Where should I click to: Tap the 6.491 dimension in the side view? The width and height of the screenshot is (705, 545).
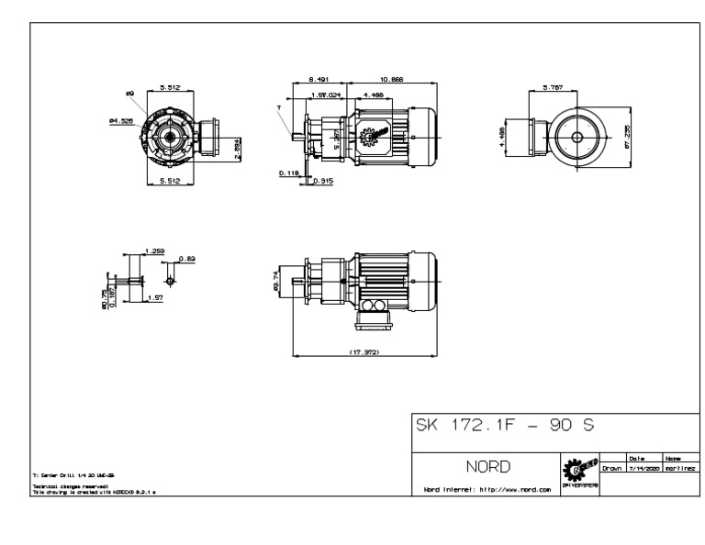coord(319,80)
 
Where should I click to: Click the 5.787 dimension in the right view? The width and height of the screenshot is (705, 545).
coord(552,87)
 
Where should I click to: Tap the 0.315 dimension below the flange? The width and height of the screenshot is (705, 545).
coord(322,181)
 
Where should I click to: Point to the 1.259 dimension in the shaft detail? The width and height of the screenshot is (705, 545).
coord(153,250)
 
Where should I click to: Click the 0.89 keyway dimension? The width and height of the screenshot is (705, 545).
coord(187,259)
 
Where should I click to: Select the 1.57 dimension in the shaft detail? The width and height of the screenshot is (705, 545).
coord(155,298)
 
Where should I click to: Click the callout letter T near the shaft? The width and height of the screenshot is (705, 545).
coord(278,107)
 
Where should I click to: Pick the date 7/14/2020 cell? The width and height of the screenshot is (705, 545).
coord(639,468)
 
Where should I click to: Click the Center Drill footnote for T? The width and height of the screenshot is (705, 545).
coord(70,475)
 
